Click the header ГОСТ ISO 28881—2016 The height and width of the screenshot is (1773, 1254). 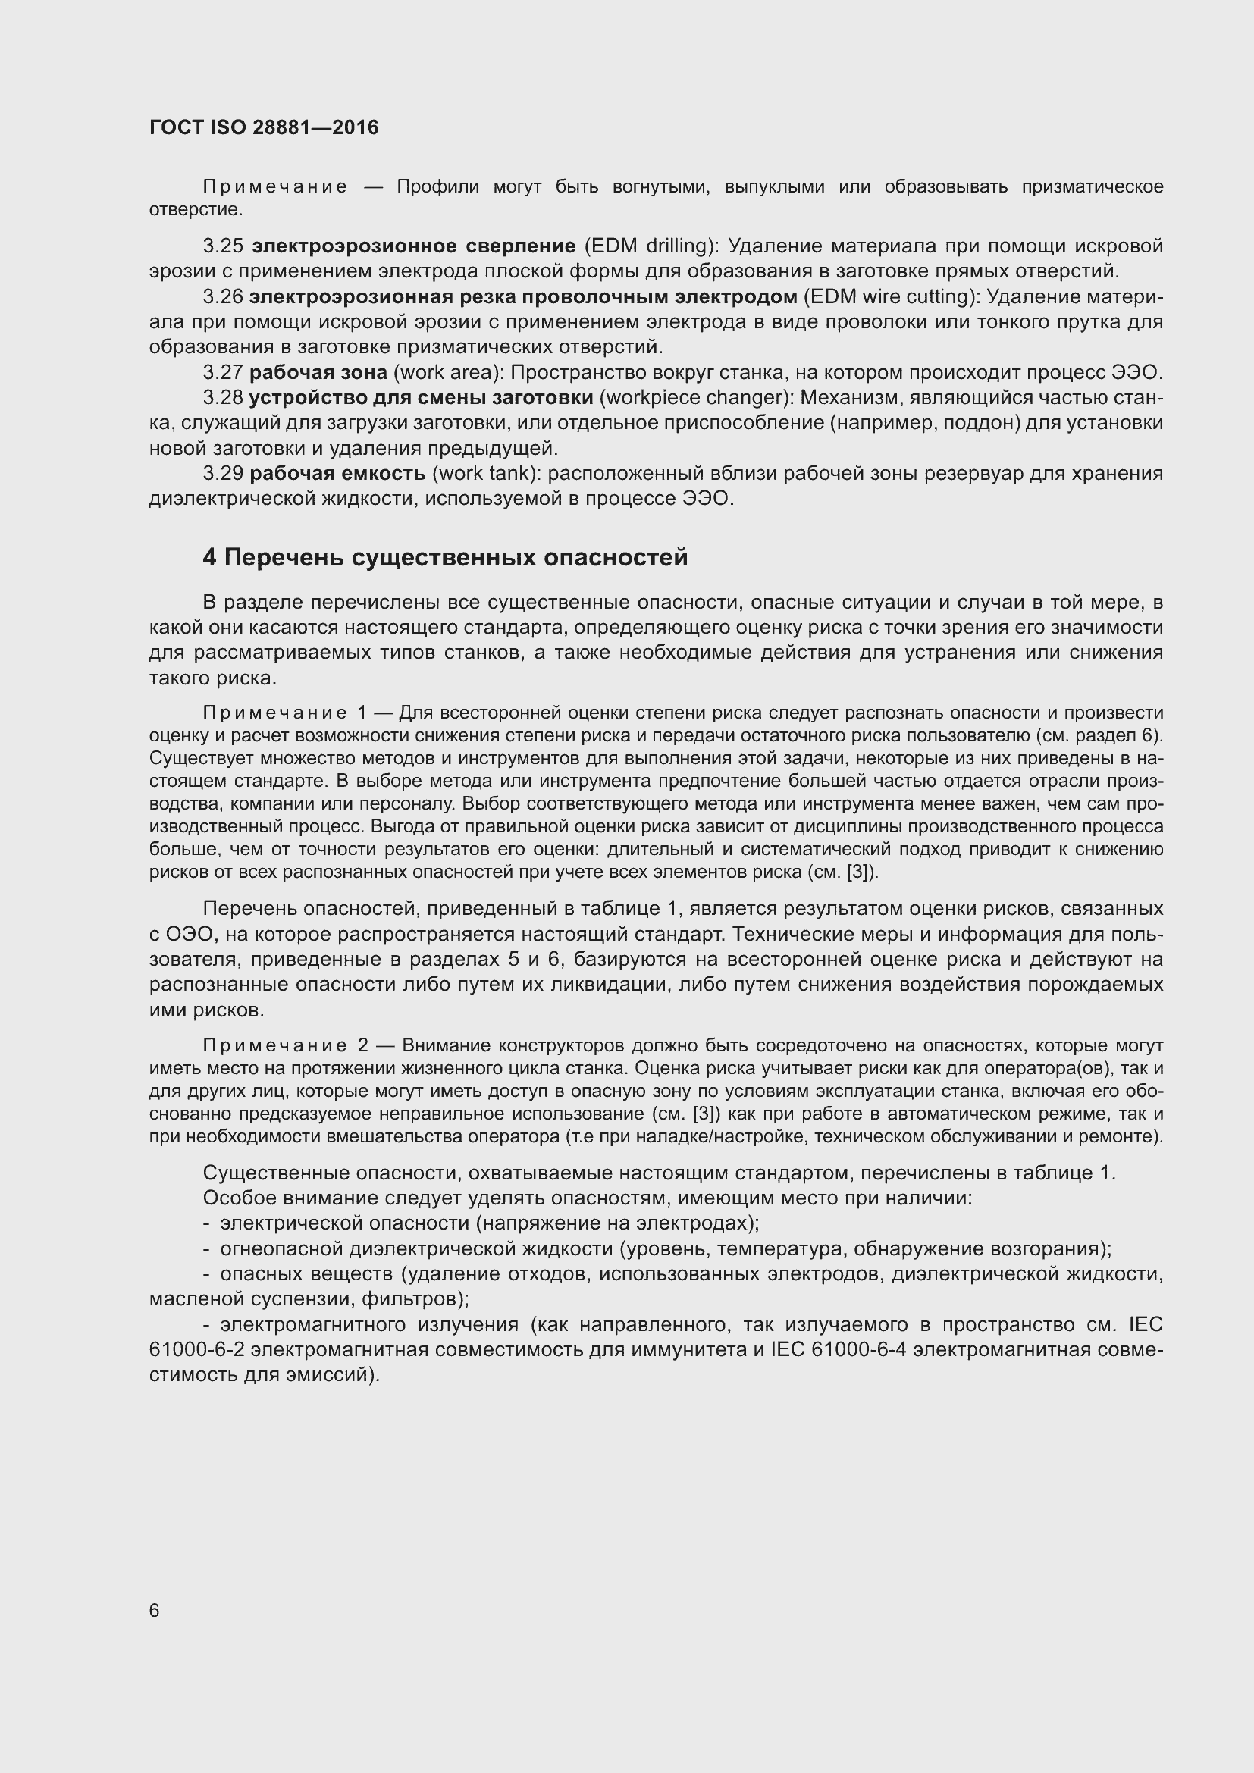(x=264, y=127)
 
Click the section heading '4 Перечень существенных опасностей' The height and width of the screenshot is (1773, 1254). (x=445, y=557)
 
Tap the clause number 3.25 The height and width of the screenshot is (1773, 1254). (x=223, y=246)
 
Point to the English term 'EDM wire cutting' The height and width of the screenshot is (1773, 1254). (x=891, y=296)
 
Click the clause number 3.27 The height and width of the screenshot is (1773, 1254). (x=223, y=372)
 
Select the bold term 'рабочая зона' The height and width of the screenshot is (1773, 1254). (x=318, y=372)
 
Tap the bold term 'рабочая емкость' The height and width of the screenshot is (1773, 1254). (x=337, y=472)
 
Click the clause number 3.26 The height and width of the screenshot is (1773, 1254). (x=223, y=296)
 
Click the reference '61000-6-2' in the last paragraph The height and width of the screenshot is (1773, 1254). (x=197, y=1350)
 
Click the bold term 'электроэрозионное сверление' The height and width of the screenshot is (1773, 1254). (x=414, y=246)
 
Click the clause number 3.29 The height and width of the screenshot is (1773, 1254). (x=223, y=472)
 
